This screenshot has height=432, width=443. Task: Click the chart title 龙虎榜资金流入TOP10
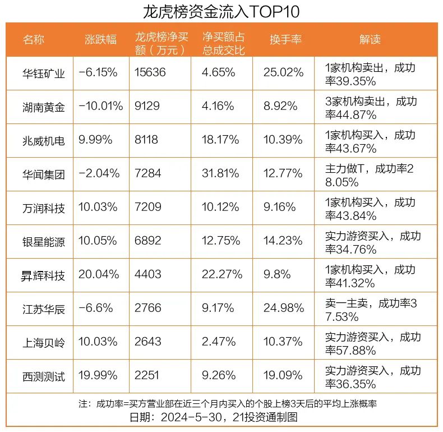[x=221, y=11]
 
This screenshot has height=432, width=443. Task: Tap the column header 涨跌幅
[x=100, y=39]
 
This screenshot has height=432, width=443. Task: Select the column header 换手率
[x=285, y=39]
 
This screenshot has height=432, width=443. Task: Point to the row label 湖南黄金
[x=44, y=107]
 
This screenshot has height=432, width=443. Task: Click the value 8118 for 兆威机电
[x=147, y=140]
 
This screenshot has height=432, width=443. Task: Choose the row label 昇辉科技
[x=44, y=274]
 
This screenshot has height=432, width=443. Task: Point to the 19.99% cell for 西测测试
[x=99, y=375]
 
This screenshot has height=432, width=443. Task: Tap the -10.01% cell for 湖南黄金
[x=101, y=107]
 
